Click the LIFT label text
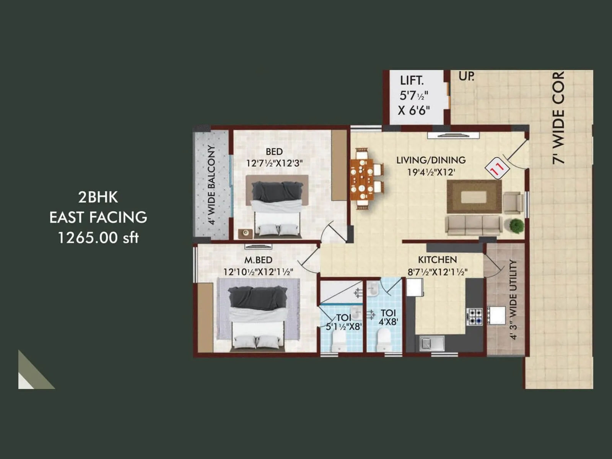[x=412, y=81]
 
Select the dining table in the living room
[x=361, y=179]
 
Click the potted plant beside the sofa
[x=517, y=225]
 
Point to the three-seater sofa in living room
[x=474, y=225]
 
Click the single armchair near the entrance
[x=513, y=202]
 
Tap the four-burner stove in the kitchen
[x=474, y=317]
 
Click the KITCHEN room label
[x=437, y=260]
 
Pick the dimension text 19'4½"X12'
[x=431, y=172]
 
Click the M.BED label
[x=258, y=260]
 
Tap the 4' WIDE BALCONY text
[x=212, y=184]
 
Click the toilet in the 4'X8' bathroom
[x=383, y=340]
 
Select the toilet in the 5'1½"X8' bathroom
[x=338, y=341]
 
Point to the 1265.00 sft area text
[x=98, y=238]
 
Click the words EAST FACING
[x=98, y=217]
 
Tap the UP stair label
[x=466, y=76]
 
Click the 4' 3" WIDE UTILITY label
[x=513, y=299]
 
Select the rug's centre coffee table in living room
[x=474, y=197]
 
